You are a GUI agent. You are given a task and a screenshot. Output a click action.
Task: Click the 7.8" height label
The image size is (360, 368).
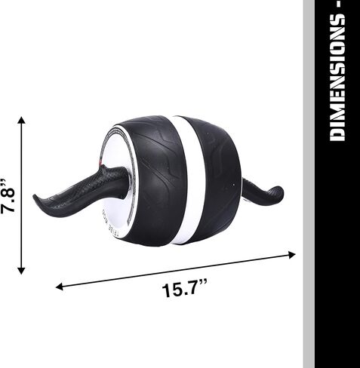(9, 198)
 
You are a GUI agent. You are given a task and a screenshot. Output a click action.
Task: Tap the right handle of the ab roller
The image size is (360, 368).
(263, 192)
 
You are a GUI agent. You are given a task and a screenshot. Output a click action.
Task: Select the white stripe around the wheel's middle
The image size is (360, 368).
(180, 181)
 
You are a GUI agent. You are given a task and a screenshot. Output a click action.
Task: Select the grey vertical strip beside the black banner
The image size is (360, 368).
(309, 226)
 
